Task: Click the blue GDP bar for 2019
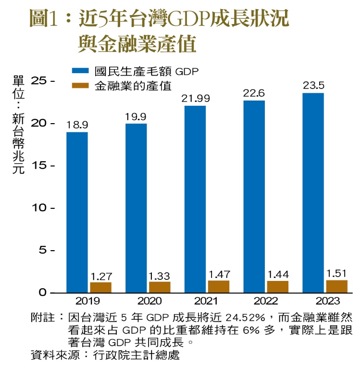77,212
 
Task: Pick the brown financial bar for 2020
160,287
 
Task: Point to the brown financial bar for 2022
278,287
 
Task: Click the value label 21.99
195,99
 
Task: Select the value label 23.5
313,86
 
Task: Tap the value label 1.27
100,276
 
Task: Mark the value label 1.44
278,275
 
